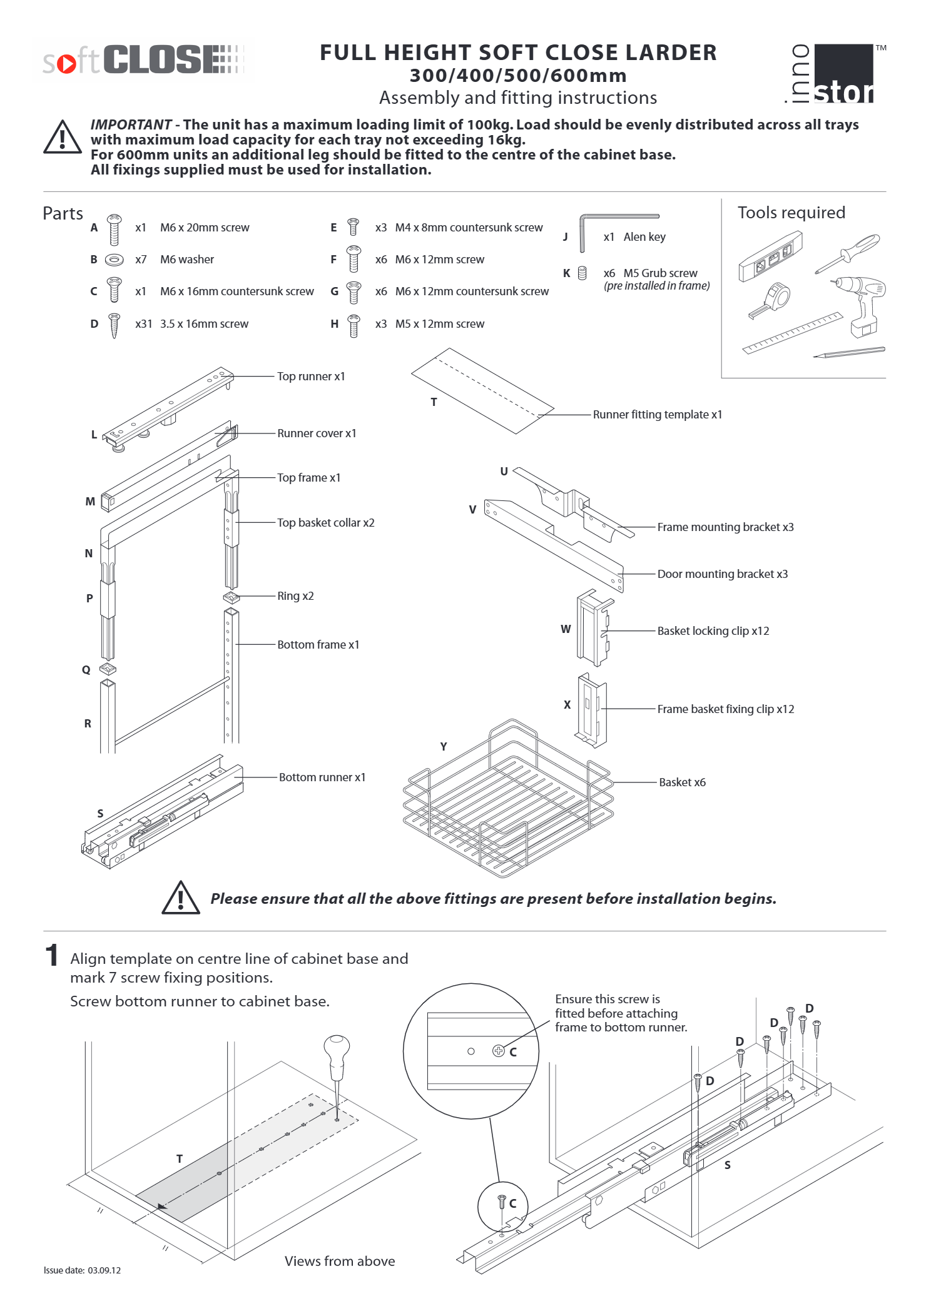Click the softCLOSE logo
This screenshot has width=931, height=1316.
143,60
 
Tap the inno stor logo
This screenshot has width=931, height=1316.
833,74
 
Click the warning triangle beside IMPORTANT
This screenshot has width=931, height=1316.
62,138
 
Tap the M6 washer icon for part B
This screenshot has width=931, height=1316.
114,260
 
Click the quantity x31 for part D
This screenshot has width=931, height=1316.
143,324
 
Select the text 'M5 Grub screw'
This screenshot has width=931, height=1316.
660,273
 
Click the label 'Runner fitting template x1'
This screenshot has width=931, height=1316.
657,415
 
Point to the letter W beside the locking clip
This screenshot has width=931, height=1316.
566,629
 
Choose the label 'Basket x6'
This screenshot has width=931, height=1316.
682,782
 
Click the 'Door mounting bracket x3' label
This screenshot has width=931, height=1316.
722,574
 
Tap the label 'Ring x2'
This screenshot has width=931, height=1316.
295,596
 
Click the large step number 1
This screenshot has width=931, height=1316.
52,956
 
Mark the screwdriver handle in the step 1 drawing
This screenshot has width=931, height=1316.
337,1051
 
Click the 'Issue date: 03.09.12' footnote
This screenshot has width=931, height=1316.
82,1270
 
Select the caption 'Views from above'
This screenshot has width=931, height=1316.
340,1261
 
